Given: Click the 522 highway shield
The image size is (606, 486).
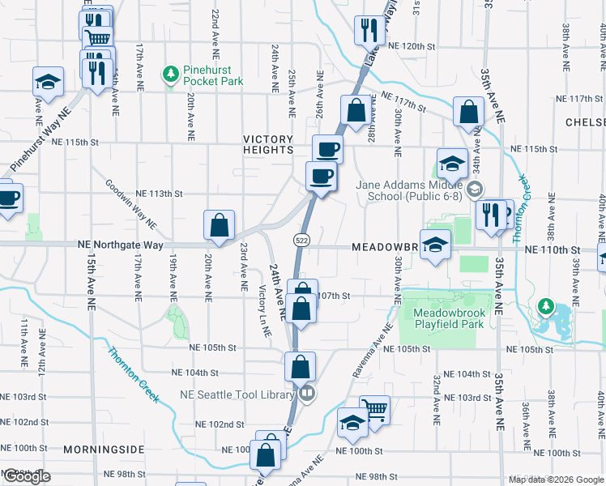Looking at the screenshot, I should [301, 240].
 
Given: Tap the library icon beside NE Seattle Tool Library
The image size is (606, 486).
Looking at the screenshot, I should [306, 394].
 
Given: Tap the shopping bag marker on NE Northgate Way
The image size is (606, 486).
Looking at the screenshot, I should [219, 225].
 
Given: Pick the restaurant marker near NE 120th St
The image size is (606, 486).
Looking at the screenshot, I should [369, 30].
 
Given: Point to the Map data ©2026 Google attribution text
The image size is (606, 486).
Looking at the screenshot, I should [556, 480].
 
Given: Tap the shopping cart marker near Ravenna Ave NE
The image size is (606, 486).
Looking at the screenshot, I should [374, 410].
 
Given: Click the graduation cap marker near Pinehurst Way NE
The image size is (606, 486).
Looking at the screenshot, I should [48, 82].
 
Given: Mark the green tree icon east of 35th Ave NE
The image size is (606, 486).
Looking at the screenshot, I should [546, 307].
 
